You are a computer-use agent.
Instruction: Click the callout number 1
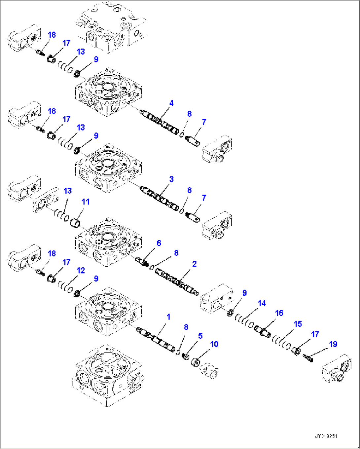(168, 317)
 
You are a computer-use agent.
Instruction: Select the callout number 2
(194, 264)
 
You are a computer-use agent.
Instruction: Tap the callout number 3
(171, 179)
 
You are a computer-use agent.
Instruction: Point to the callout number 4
(171, 103)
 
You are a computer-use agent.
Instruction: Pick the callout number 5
(200, 336)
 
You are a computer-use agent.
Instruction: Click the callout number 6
(159, 243)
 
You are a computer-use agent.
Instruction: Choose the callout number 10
(214, 344)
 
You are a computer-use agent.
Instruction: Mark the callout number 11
(86, 202)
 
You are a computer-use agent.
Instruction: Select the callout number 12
(81, 271)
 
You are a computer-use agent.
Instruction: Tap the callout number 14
(262, 303)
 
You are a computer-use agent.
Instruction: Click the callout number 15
(298, 324)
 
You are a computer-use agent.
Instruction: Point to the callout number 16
(279, 313)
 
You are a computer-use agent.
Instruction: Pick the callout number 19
(333, 344)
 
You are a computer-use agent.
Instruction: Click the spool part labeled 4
(160, 121)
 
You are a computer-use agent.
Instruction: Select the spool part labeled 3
(160, 198)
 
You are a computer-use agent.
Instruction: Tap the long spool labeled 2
(177, 282)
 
